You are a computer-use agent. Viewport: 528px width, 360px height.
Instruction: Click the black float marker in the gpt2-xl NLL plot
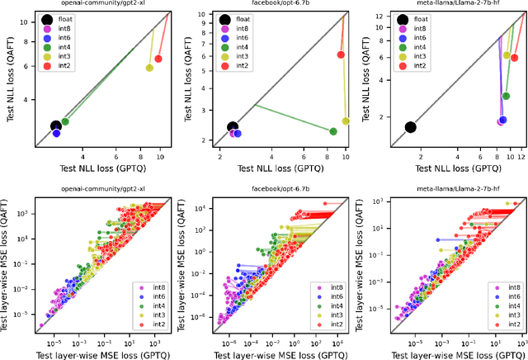click(x=55, y=126)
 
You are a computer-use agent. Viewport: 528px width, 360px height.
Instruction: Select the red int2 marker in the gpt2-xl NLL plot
click(x=158, y=59)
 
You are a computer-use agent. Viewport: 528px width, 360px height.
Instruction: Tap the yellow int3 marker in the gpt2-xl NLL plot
click(x=149, y=68)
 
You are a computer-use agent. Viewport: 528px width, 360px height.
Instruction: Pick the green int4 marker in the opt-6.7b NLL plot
click(x=333, y=131)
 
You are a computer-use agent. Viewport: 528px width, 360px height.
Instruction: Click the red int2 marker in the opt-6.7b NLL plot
click(x=341, y=54)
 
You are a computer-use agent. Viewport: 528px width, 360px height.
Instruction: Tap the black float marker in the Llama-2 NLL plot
click(x=410, y=127)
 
